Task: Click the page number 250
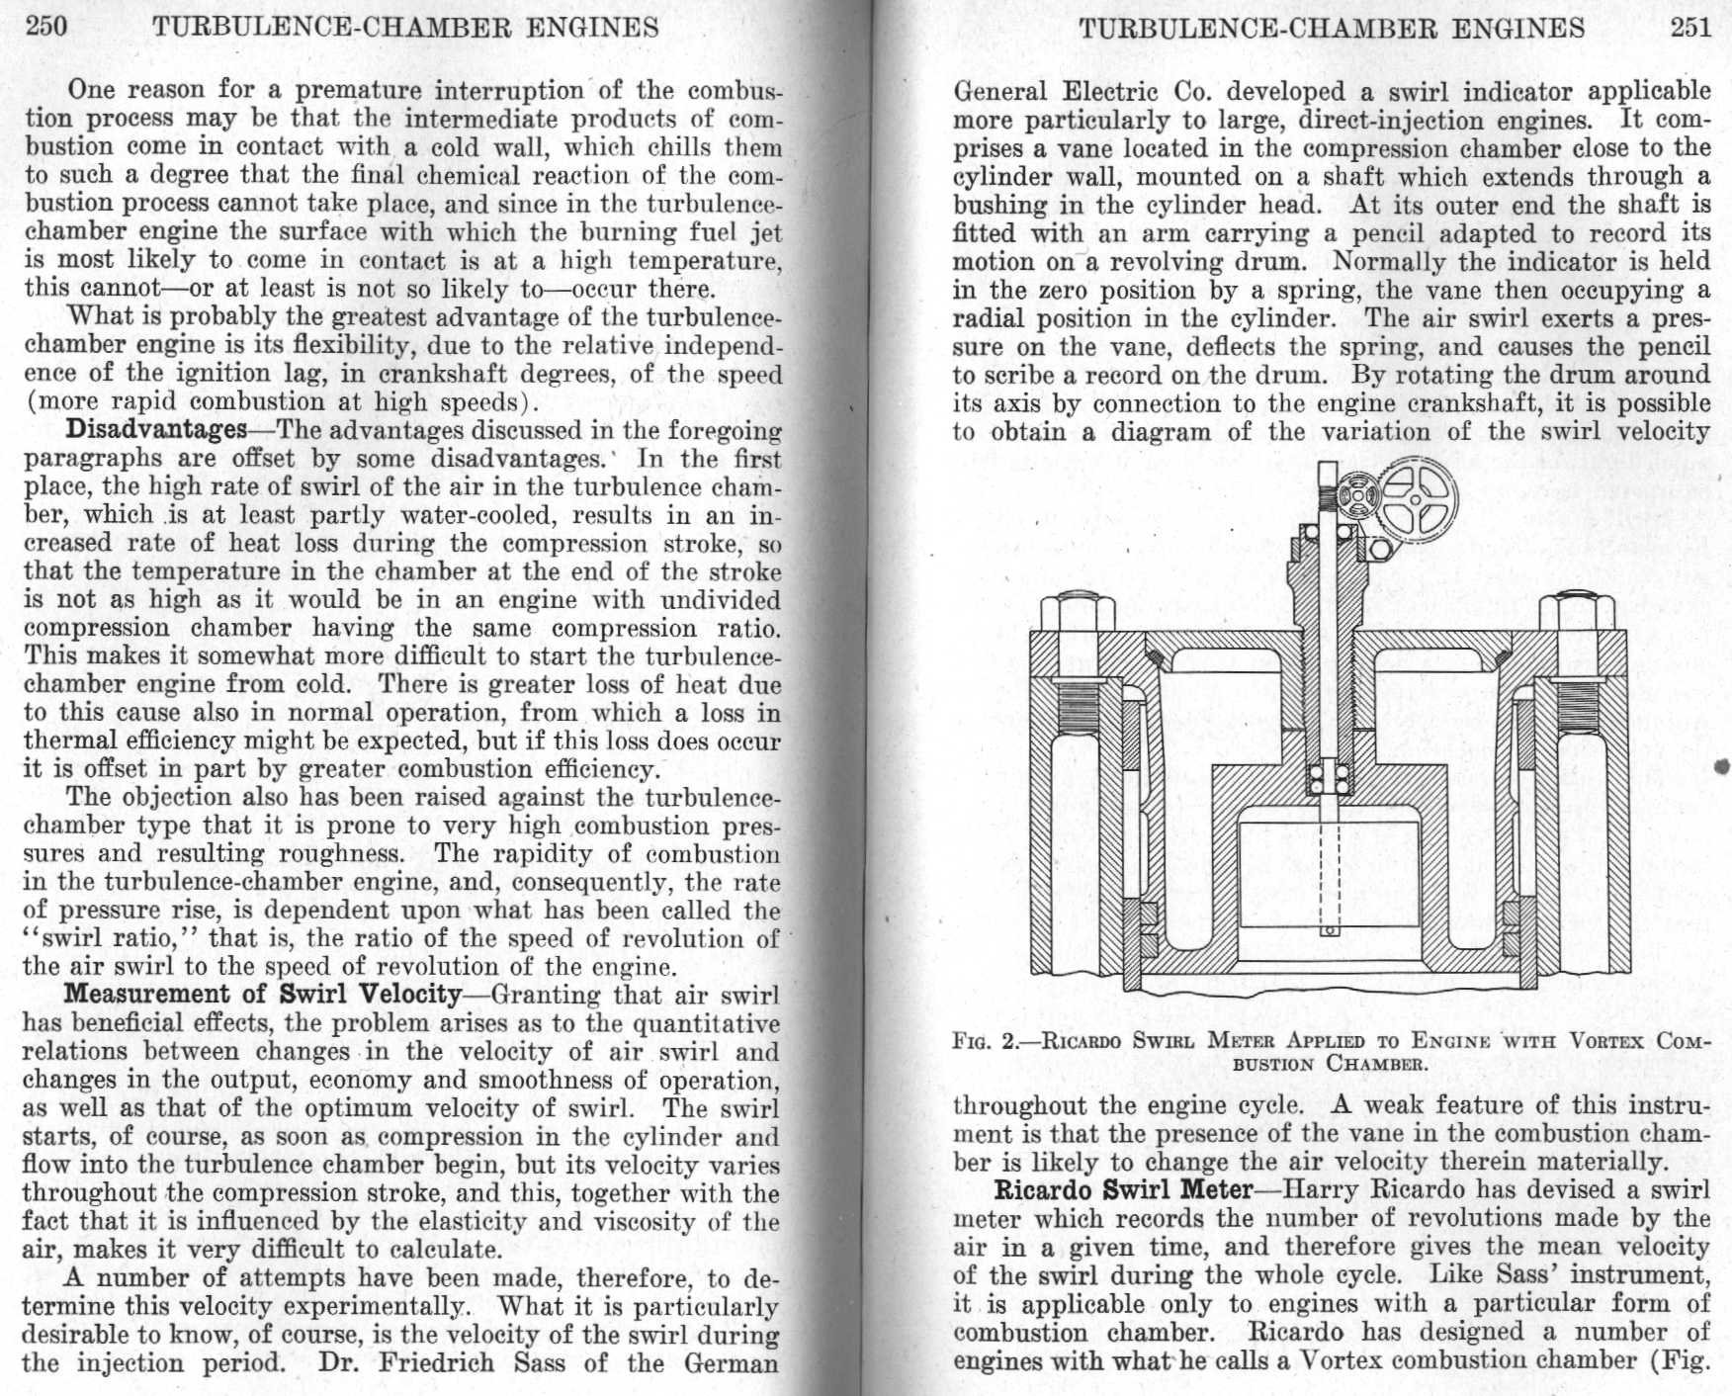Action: click(46, 26)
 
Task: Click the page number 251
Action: click(1689, 27)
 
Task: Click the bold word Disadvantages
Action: click(155, 430)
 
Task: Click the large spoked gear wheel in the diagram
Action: click(1416, 500)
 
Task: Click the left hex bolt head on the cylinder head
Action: click(1083, 613)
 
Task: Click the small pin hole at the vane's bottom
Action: click(1330, 930)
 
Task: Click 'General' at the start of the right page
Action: click(1001, 92)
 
